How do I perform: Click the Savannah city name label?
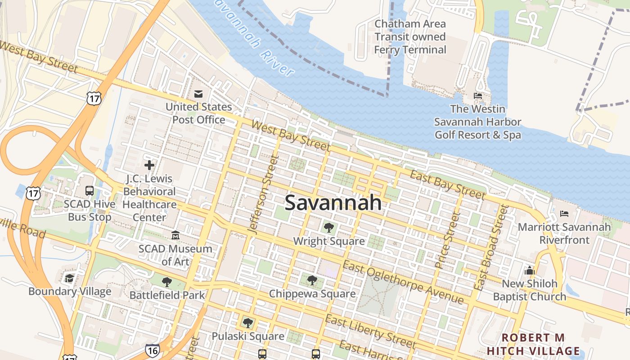[x=333, y=203]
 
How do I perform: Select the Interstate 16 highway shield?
[x=152, y=350]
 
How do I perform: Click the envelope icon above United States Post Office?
[x=198, y=94]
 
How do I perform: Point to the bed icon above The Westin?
[x=478, y=96]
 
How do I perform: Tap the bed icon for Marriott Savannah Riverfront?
[x=564, y=214]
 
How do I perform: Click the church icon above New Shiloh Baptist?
[x=530, y=270]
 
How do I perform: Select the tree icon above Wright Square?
[x=329, y=228]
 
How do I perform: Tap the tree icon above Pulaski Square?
[x=247, y=323]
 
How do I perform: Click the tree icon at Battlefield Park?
[x=167, y=282]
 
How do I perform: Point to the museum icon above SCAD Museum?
[x=175, y=235]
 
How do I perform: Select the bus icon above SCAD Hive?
[x=90, y=191]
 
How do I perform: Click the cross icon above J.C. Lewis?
[x=149, y=165]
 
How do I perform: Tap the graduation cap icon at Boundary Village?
[x=69, y=278]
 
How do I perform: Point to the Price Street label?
[x=447, y=241]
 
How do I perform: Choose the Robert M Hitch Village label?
[x=533, y=344]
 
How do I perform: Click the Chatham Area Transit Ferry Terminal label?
[x=410, y=37]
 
